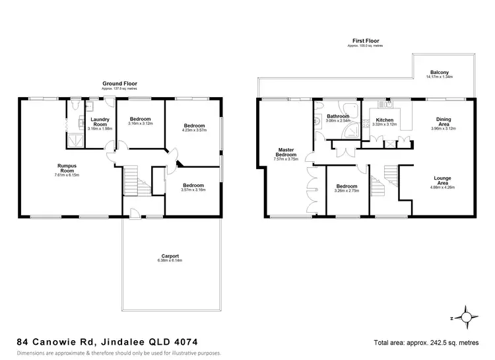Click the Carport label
(170, 256)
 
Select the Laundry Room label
(100, 122)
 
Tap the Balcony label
(440, 72)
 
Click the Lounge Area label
(442, 180)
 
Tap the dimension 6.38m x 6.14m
(170, 260)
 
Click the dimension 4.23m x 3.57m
(194, 131)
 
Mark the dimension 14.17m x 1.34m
(440, 77)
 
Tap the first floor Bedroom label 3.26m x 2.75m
(347, 188)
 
